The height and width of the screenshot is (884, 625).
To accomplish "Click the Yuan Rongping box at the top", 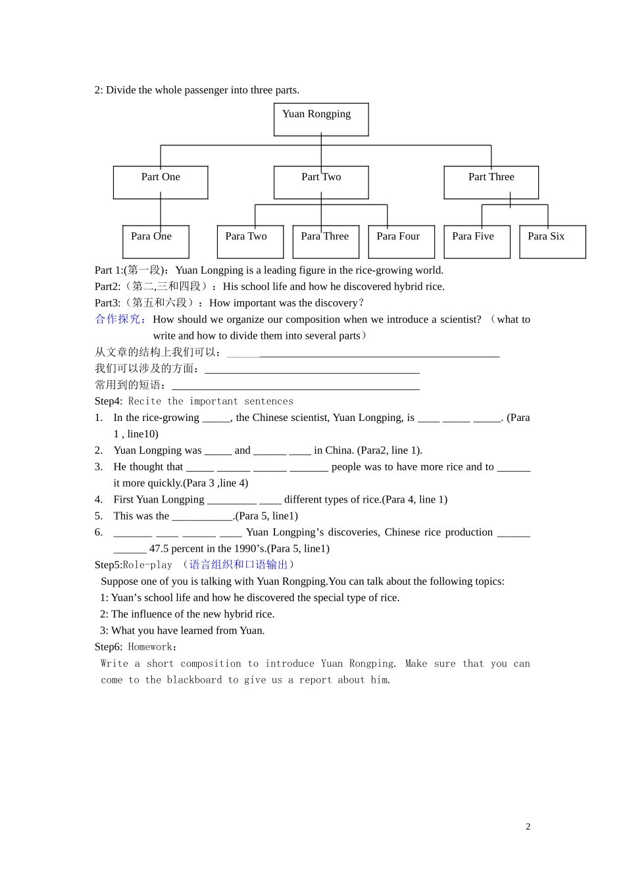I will [x=321, y=120].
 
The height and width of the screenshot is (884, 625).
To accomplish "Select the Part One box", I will [x=161, y=182].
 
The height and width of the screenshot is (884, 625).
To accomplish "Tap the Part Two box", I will [x=321, y=182].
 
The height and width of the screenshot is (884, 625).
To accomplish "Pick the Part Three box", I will [x=491, y=182].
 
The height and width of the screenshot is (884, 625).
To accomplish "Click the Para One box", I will [x=155, y=241].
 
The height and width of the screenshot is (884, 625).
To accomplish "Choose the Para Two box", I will [x=250, y=241].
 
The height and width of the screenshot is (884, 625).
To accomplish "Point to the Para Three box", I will [x=326, y=241].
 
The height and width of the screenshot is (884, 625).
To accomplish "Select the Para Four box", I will [x=401, y=241].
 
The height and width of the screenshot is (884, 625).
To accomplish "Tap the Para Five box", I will [x=477, y=241].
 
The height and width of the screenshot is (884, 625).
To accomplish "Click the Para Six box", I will [x=553, y=241].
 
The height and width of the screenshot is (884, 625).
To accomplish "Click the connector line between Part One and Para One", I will [x=161, y=212].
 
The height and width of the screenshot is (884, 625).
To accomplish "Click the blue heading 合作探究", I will [x=120, y=319].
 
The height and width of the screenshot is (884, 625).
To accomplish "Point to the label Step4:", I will [x=109, y=401].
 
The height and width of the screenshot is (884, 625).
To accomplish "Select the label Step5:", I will [x=109, y=565].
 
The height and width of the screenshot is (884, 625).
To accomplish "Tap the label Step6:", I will [x=109, y=647].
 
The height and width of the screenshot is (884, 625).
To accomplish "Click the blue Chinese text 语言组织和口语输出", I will [x=238, y=565].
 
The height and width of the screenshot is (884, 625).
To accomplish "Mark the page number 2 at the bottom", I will [x=528, y=827].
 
